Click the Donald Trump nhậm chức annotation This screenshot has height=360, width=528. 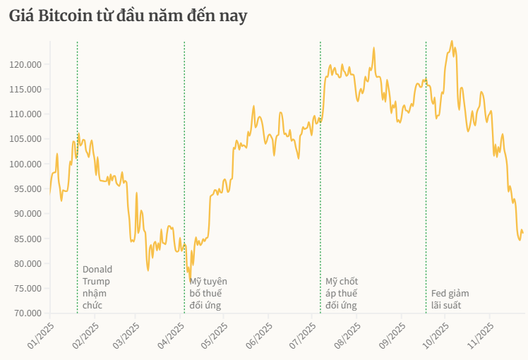(97, 287)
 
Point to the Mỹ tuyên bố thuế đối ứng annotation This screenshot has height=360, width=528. (208, 293)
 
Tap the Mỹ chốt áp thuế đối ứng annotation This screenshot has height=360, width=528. (342, 293)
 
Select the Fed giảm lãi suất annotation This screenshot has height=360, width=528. (450, 299)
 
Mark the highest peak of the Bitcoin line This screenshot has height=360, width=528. (452, 41)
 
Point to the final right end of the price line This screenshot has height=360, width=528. (523, 233)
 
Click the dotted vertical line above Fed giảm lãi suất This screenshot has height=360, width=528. (426, 176)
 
